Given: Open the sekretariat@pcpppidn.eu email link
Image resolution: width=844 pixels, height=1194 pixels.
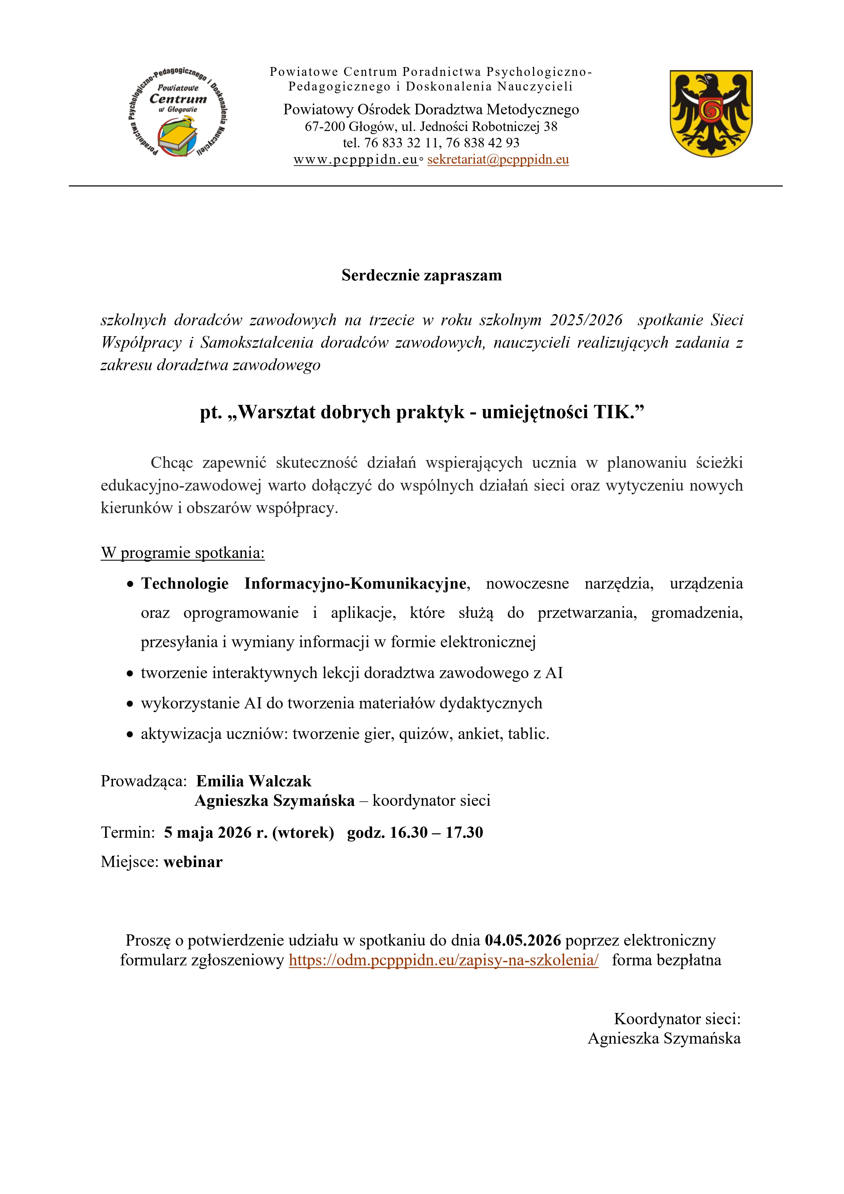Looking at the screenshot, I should [498, 160].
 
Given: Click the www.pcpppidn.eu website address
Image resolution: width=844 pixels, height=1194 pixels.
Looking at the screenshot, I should [356, 160].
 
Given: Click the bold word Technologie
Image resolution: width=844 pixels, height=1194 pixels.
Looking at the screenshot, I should [185, 584].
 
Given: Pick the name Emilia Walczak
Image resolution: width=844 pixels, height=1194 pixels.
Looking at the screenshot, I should [254, 781].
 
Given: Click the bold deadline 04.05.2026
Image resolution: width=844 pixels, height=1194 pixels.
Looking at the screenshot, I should [523, 940].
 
